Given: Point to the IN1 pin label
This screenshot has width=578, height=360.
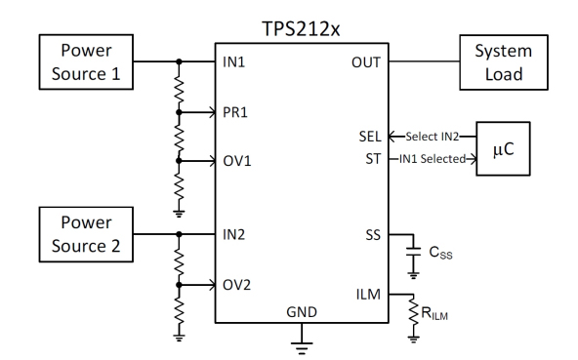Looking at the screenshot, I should pyautogui.click(x=234, y=60).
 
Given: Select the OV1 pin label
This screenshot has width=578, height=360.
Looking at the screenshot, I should pyautogui.click(x=236, y=159).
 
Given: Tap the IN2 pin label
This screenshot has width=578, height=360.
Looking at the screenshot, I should pyautogui.click(x=234, y=235).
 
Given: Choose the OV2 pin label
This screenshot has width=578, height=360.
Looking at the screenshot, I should pyautogui.click(x=236, y=285).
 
